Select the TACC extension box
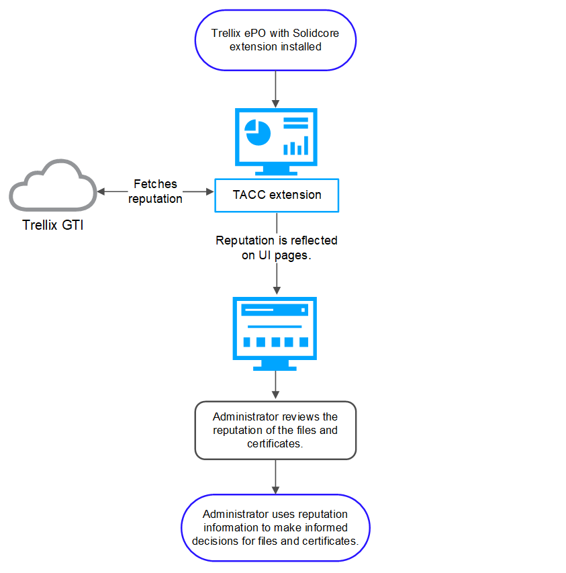click(x=277, y=195)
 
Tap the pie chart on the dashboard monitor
click(x=257, y=132)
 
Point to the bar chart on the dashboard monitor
click(x=296, y=146)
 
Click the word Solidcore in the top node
click(x=316, y=34)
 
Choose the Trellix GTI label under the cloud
click(x=53, y=225)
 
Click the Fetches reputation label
click(x=155, y=191)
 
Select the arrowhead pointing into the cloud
click(x=101, y=191)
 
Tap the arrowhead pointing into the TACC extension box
click(x=210, y=191)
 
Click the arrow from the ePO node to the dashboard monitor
click(x=276, y=89)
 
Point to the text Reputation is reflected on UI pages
click(x=277, y=248)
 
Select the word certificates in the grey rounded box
click(x=275, y=443)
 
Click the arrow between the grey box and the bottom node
click(x=276, y=476)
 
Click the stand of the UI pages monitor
click(x=275, y=365)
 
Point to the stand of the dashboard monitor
click(x=276, y=171)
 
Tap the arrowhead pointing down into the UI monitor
click(x=277, y=290)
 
